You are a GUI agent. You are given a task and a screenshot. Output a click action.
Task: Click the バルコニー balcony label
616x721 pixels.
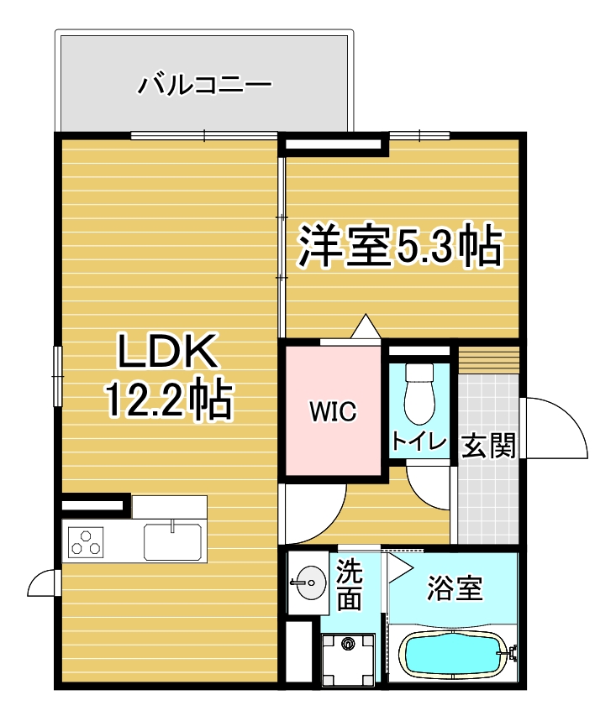click(x=204, y=85)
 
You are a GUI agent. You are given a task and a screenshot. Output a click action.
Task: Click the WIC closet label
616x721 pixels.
click(x=333, y=411)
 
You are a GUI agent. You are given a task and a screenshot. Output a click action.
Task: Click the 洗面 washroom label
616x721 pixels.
click(x=349, y=585)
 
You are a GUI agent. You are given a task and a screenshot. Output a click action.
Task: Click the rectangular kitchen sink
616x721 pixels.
click(x=172, y=541)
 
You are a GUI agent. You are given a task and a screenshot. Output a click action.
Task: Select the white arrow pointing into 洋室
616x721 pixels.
click(x=366, y=326)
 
